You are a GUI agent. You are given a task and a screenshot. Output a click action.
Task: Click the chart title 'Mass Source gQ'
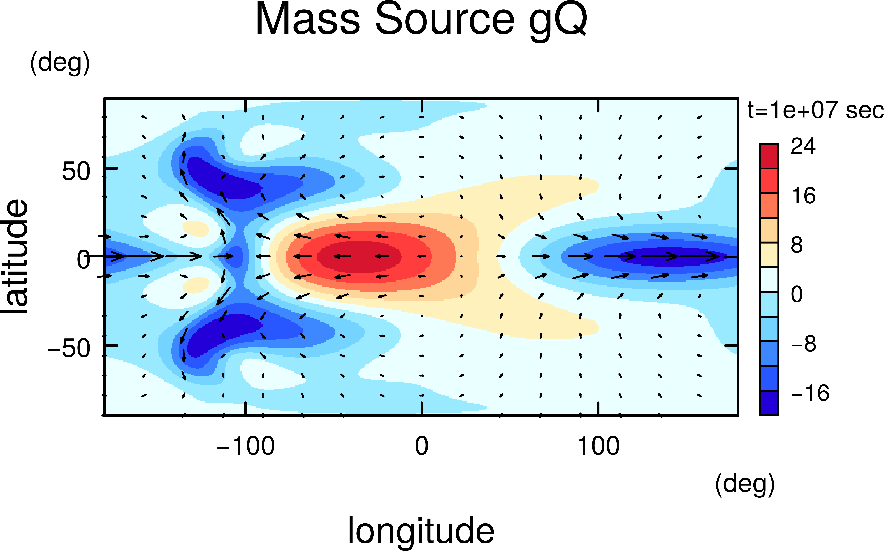[421, 20]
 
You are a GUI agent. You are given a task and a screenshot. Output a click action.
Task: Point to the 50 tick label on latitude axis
[76, 171]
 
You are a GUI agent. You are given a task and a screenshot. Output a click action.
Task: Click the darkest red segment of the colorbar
[769, 156]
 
